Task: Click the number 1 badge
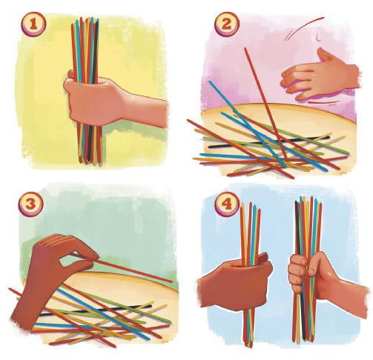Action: pos(33,24)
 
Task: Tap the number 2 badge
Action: pos(227,24)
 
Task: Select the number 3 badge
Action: pos(31,204)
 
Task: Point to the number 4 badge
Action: pos(227,204)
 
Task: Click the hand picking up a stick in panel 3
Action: pos(54,274)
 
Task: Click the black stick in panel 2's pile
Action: pos(269,141)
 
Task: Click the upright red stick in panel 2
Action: pos(265,103)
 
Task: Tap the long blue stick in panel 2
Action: pos(247,124)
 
